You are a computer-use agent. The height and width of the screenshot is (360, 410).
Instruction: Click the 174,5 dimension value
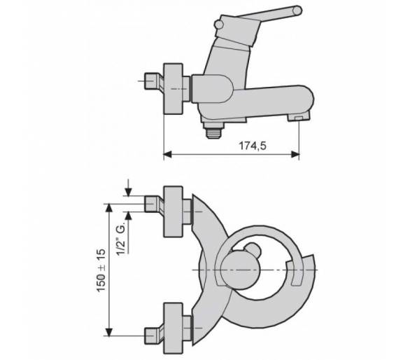pos(253,146)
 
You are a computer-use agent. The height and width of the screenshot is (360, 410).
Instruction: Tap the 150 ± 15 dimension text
pos(101,270)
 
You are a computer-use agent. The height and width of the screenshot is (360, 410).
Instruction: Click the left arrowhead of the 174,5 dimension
pos(167,154)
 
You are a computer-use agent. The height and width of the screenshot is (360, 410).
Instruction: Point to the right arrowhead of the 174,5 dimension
pos(295,154)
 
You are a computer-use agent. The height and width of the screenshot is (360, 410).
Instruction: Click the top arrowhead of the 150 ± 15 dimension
pos(108,207)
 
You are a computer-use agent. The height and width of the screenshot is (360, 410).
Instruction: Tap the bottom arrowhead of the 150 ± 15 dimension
pos(108,331)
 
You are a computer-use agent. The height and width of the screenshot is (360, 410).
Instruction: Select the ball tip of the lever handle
pos(297,11)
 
